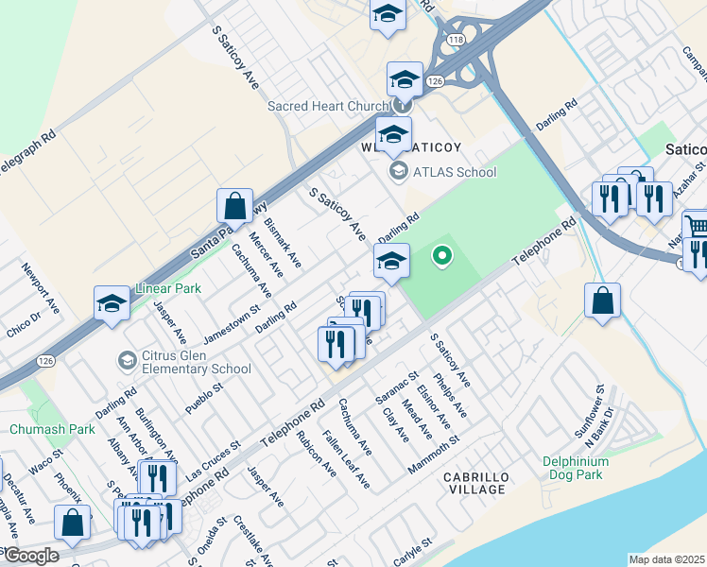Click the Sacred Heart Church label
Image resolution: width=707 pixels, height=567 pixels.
(x=328, y=106)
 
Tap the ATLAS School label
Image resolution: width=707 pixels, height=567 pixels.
(x=454, y=172)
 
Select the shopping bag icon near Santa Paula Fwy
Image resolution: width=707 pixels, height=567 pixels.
(x=234, y=205)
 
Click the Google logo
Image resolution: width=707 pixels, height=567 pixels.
(x=30, y=556)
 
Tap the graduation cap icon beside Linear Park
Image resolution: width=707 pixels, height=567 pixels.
(x=112, y=304)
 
